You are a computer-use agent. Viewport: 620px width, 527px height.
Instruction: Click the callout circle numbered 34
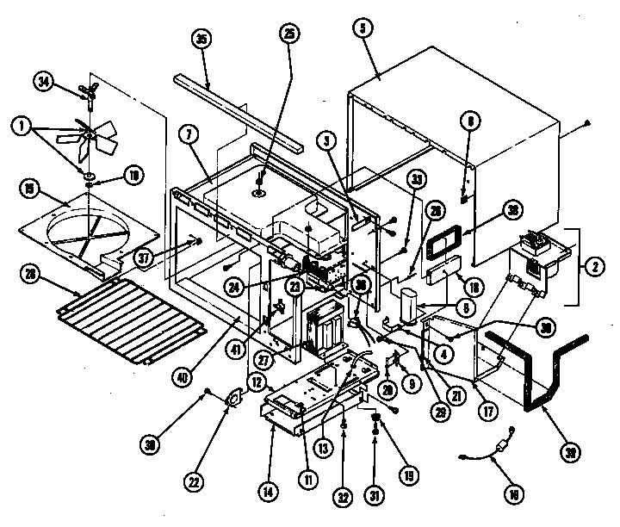[44, 82]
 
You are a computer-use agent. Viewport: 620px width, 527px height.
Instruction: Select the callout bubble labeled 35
[203, 40]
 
